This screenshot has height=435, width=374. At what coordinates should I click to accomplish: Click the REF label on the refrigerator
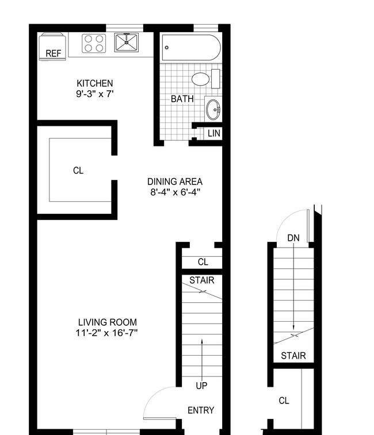(x=54, y=53)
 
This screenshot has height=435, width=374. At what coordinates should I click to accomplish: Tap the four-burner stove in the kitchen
(x=94, y=43)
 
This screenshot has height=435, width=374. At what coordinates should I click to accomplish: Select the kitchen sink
(x=127, y=43)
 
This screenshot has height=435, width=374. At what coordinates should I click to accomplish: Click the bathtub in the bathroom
(x=191, y=48)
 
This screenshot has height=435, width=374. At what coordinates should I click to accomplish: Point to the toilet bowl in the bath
(x=200, y=79)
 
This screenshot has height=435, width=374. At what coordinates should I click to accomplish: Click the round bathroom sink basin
(x=213, y=110)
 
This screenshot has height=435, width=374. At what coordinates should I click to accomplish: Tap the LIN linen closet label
(x=214, y=133)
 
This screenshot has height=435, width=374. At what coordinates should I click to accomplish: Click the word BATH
(x=182, y=99)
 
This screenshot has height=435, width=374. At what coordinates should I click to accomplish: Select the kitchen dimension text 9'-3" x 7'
(x=95, y=94)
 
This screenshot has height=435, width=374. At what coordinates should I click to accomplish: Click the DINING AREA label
(x=175, y=182)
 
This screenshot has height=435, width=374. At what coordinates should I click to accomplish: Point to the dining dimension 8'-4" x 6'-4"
(x=175, y=192)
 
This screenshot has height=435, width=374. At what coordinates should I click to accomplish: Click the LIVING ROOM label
(x=108, y=322)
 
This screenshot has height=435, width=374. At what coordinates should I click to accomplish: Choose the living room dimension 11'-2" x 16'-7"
(x=106, y=333)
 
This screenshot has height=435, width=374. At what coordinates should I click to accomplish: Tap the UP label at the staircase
(x=201, y=386)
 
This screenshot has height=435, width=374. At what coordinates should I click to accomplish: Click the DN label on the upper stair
(x=293, y=238)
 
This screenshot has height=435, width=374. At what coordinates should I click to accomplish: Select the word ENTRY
(x=201, y=410)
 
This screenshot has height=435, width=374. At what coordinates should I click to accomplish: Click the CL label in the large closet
(x=78, y=170)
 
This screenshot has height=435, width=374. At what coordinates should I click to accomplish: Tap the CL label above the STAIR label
(x=203, y=262)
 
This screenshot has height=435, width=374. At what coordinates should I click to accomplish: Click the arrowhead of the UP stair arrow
(x=202, y=341)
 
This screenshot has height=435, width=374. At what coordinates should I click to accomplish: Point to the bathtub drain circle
(x=167, y=48)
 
